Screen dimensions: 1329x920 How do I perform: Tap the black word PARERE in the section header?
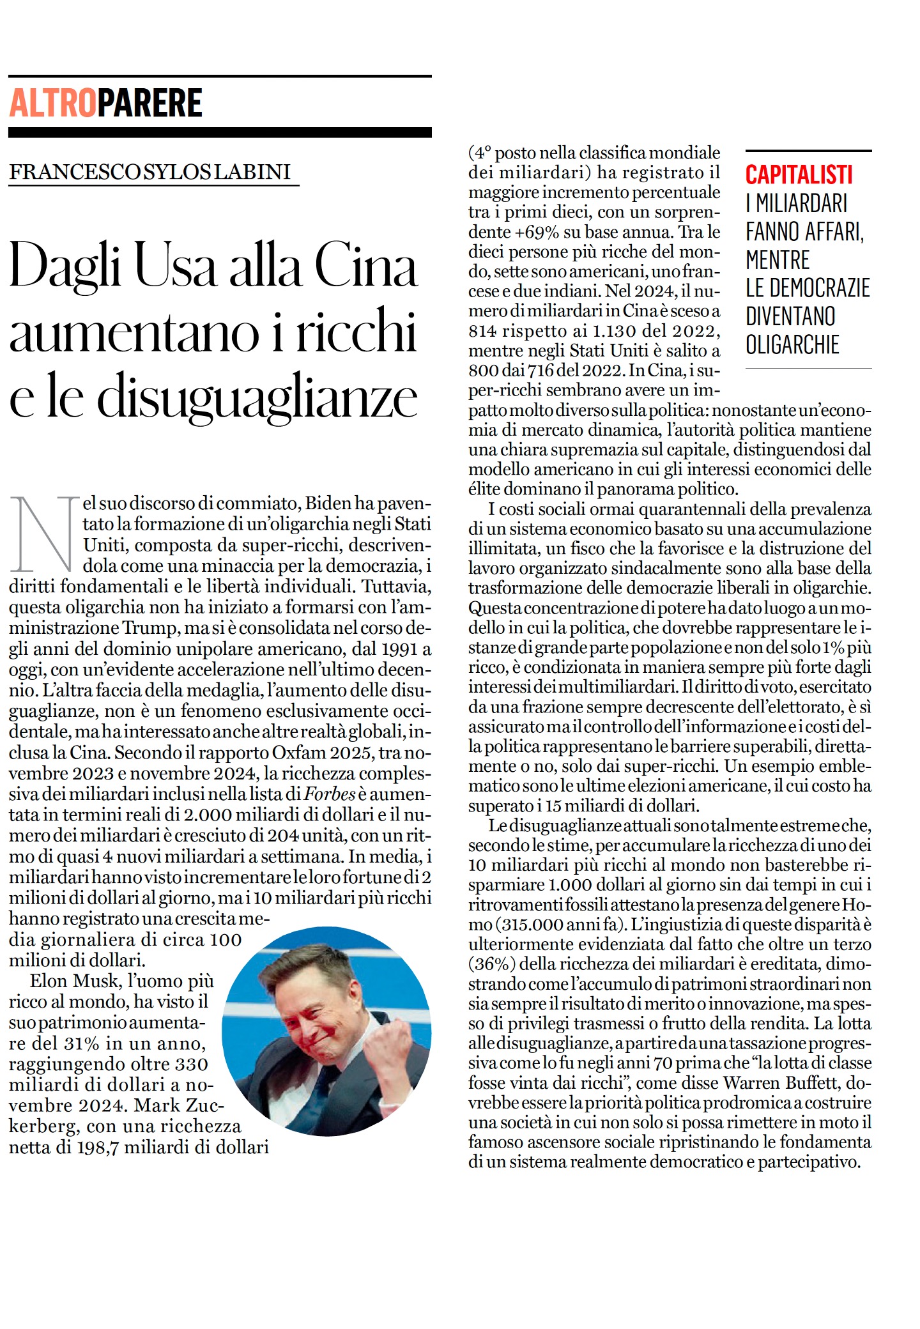149,104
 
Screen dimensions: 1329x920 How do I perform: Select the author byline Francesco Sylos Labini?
150,172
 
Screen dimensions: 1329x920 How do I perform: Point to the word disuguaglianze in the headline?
257,397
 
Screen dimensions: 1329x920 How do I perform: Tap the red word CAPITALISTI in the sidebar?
799,175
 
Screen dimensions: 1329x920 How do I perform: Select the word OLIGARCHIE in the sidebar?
792,345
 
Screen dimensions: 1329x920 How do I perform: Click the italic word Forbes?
330,794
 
